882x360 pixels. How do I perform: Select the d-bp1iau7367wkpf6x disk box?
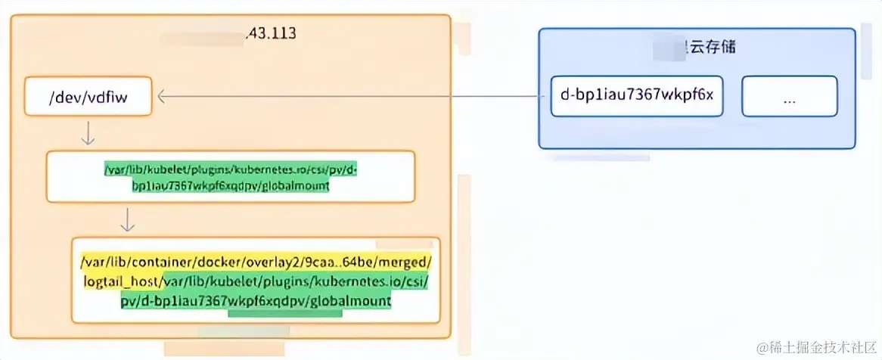tap(637, 96)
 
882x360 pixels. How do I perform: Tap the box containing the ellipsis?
tap(789, 96)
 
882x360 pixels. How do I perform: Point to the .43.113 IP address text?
tap(270, 34)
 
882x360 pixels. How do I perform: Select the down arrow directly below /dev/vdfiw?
tap(89, 133)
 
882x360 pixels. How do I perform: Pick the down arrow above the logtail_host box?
tap(128, 219)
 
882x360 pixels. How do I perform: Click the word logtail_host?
tap(122, 281)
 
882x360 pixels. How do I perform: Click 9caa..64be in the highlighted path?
tap(345, 262)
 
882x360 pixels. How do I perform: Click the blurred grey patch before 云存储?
tap(667, 48)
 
